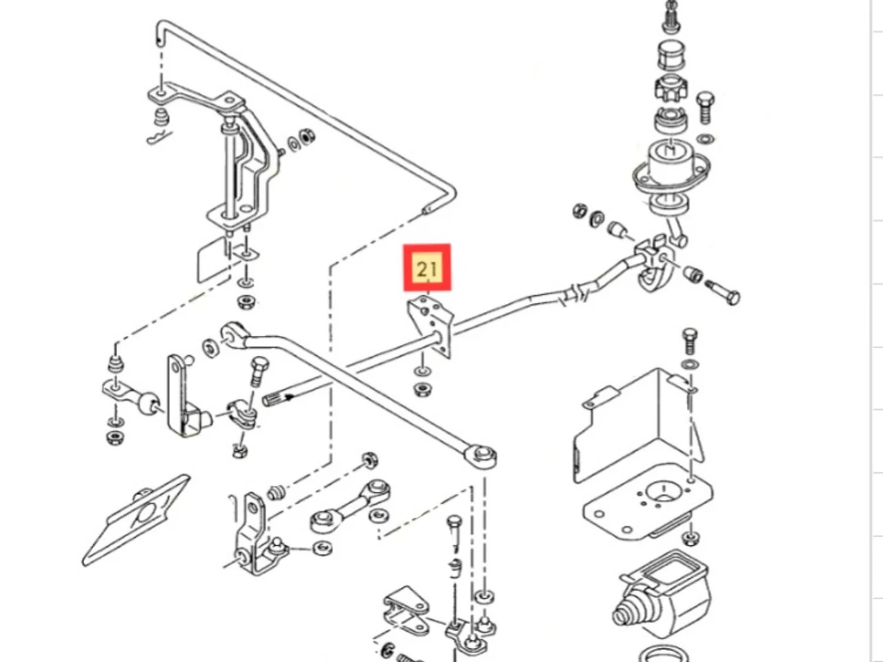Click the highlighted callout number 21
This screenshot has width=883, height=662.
[x=427, y=268]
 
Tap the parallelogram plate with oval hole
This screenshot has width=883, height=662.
[x=138, y=519]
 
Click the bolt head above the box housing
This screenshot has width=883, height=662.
[x=690, y=338]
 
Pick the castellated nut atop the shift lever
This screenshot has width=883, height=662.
[x=666, y=89]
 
